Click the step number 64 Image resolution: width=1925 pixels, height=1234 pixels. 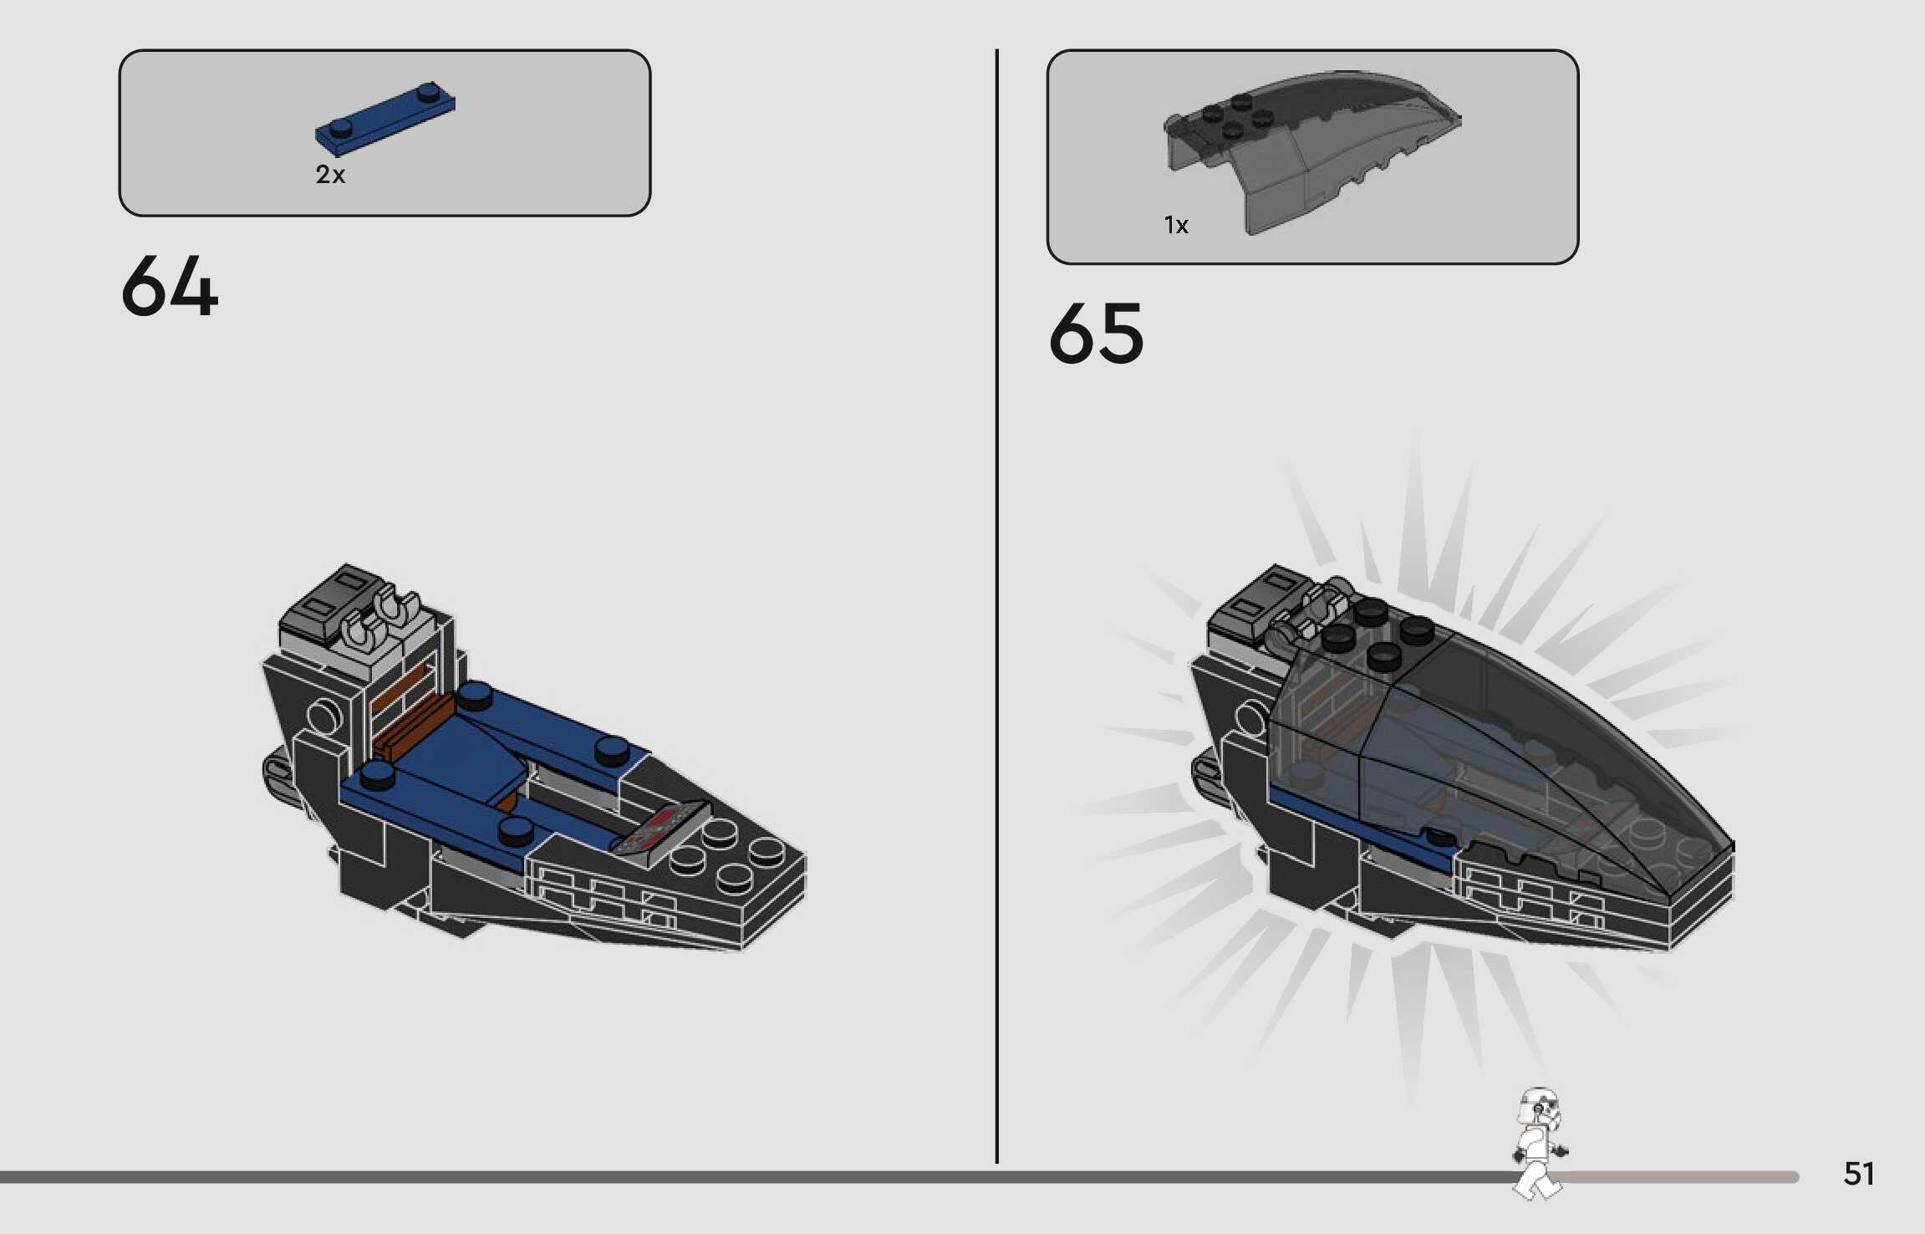(170, 287)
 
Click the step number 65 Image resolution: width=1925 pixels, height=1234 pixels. (1096, 334)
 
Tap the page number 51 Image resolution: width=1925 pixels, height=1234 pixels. (1858, 1174)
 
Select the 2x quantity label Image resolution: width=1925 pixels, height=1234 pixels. (330, 175)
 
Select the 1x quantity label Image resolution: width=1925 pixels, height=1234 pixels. (1175, 225)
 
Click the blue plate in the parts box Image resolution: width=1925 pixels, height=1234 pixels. (385, 119)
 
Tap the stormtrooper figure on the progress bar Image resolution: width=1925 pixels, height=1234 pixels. (1538, 1142)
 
